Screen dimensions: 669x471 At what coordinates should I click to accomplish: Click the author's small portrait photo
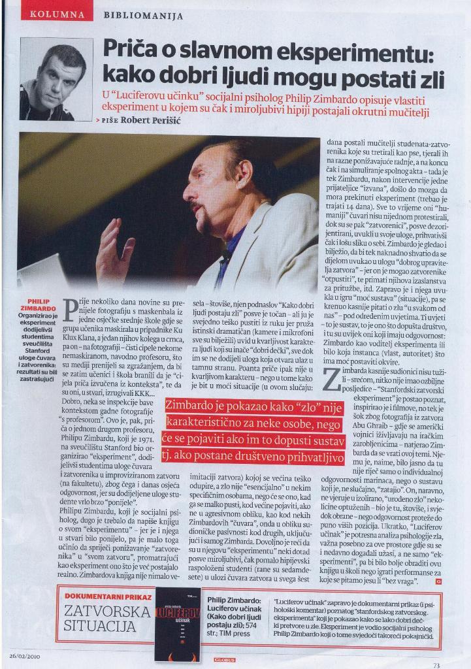tap(56, 79)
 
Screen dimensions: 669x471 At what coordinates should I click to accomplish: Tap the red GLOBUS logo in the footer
tap(224, 660)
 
